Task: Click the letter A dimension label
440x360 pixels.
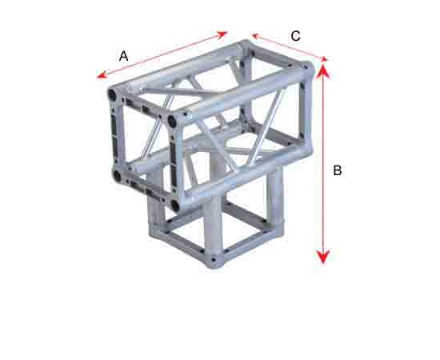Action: pos(123,56)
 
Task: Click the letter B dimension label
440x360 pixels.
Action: pos(338,170)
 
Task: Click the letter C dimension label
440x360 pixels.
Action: pos(295,36)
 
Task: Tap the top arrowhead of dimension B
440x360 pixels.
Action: pos(323,70)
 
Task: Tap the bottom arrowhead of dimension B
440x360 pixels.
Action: pos(323,257)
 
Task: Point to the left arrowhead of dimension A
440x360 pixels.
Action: pos(101,75)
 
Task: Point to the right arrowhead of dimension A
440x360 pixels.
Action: pos(222,34)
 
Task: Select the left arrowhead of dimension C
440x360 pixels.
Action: pos(255,36)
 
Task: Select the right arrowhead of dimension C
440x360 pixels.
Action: pos(323,58)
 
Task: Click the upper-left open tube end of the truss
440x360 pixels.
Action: pos(113,95)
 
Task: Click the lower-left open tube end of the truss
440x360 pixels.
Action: pos(117,176)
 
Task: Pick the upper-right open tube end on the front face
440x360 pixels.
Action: pos(172,122)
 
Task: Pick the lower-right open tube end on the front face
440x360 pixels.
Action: pos(175,206)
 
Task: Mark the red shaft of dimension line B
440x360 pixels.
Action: pos(323,163)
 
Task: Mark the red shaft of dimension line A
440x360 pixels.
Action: pos(162,54)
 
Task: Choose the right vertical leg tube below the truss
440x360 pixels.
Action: pos(275,197)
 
